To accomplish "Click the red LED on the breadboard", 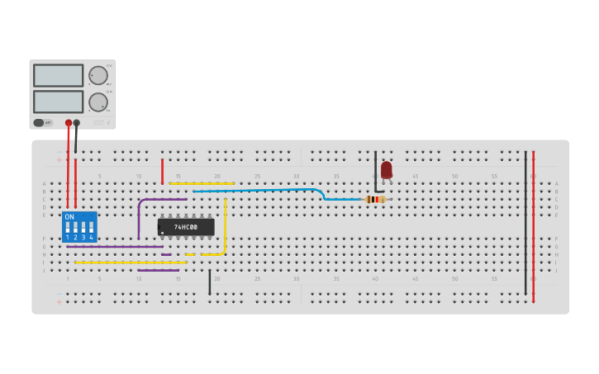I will pyautogui.click(x=386, y=169).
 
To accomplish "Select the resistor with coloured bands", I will pyautogui.click(x=375, y=199).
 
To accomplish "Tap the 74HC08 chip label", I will pyautogui.click(x=186, y=226).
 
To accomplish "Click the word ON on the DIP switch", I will pyautogui.click(x=69, y=217).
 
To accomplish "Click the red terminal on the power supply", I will pyautogui.click(x=69, y=123).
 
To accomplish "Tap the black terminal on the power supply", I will pyautogui.click(x=77, y=123).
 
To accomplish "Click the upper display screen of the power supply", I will pyautogui.click(x=58, y=76).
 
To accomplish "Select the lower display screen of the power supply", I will pyautogui.click(x=58, y=102).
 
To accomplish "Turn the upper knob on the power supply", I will pyautogui.click(x=98, y=76).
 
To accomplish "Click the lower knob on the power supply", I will pyautogui.click(x=98, y=102).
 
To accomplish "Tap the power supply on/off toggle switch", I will pyautogui.click(x=39, y=123).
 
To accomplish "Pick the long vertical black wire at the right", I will pyautogui.click(x=525, y=223).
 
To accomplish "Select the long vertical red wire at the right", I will pyautogui.click(x=534, y=223).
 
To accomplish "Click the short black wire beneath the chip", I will pyautogui.click(x=210, y=282).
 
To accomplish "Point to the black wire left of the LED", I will pyautogui.click(x=376, y=171).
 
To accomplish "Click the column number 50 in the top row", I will pyautogui.click(x=454, y=177).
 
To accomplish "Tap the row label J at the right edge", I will pyautogui.click(x=557, y=270).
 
